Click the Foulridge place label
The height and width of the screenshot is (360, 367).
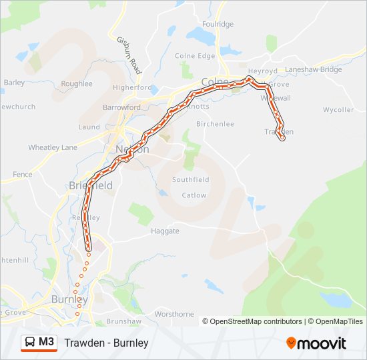click(x=219, y=24)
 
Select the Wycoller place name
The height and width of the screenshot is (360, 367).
click(x=338, y=109)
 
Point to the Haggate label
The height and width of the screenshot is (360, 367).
click(x=165, y=231)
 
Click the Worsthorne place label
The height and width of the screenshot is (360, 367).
click(x=173, y=314)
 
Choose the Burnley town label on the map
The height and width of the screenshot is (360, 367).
click(x=69, y=299)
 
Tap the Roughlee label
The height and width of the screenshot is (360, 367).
click(x=77, y=84)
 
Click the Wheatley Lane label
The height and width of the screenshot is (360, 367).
click(x=52, y=147)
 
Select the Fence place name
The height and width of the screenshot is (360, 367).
click(x=22, y=175)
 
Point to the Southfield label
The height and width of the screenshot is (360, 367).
click(x=191, y=180)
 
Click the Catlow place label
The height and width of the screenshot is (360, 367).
click(x=194, y=195)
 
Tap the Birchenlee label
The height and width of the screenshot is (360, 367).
click(x=215, y=124)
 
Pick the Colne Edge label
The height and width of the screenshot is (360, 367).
click(x=195, y=56)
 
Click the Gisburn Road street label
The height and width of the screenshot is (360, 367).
click(x=130, y=55)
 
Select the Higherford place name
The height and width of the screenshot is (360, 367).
click(x=133, y=87)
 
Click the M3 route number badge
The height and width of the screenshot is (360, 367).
click(x=47, y=342)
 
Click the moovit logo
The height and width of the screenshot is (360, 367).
click(x=316, y=343)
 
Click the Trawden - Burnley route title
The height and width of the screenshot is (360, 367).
click(x=106, y=343)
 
